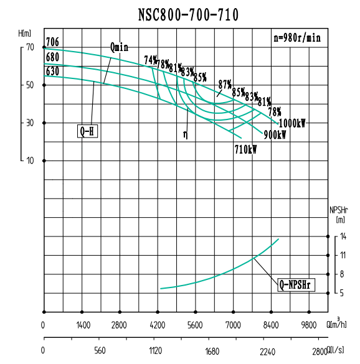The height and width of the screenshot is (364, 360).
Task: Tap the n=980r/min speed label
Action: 298,37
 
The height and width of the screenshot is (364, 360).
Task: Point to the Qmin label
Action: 119,47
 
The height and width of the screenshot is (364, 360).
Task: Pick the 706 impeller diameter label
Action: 52,42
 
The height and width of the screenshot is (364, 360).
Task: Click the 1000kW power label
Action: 292,123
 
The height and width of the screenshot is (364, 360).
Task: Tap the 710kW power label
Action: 245,149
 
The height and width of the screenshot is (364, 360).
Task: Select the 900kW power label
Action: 275,135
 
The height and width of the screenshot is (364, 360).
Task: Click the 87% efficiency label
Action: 225,83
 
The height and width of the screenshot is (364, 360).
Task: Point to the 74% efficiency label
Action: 150,60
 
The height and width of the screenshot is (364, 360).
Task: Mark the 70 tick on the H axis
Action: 29,47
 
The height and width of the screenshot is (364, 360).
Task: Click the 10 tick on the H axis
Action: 29,161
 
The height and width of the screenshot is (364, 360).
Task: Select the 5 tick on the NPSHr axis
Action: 342,292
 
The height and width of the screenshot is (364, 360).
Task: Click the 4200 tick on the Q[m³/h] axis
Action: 158,325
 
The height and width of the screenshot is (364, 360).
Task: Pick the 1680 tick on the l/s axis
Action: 212,352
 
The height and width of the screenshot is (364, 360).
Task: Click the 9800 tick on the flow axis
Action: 310,325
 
